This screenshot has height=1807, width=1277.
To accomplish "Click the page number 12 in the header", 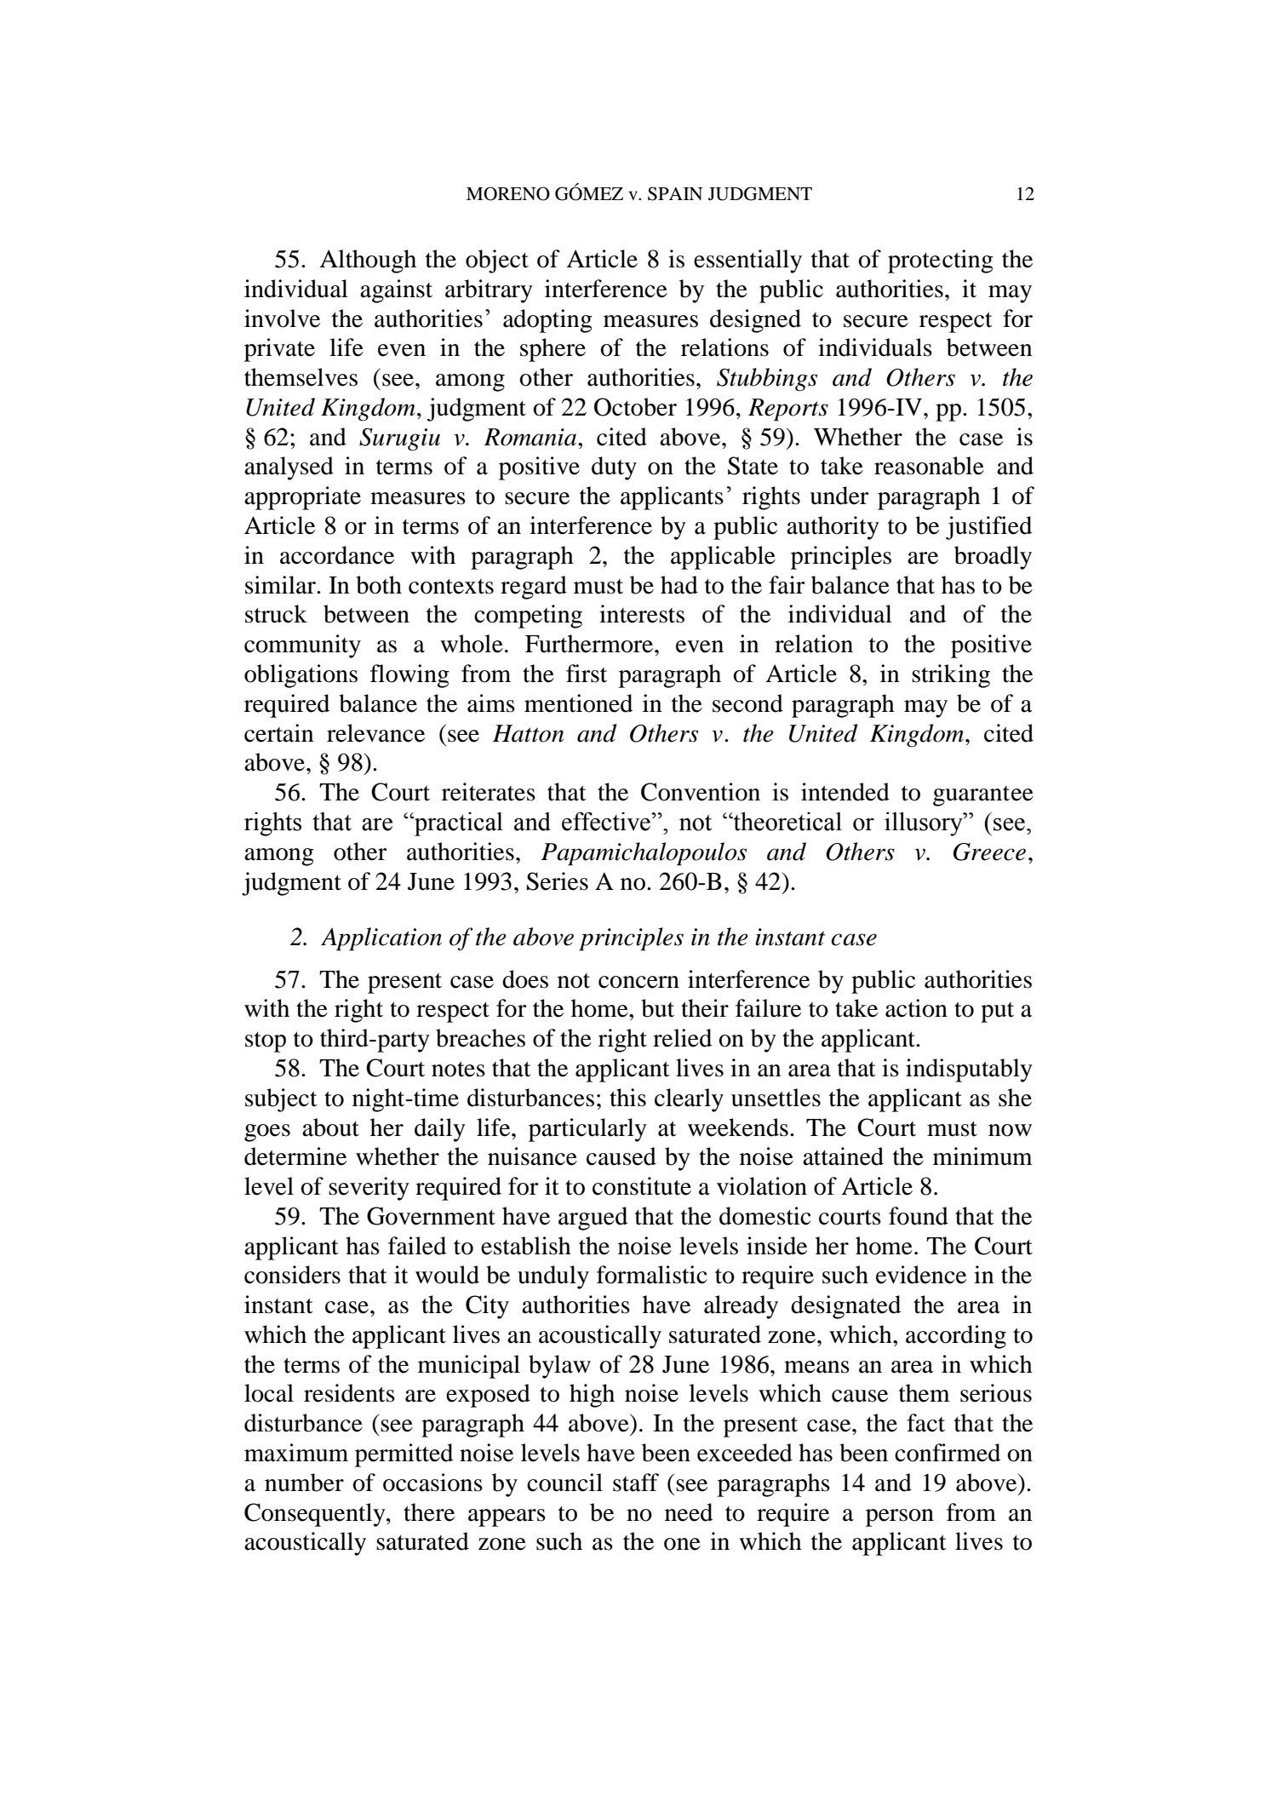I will coord(1024,195).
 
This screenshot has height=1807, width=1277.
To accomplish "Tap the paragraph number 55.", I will coord(289,261).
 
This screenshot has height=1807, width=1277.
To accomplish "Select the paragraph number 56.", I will coord(289,793).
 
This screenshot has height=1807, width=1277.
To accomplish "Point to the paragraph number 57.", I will coord(289,980).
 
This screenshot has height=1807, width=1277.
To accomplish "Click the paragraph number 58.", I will coord(289,1069).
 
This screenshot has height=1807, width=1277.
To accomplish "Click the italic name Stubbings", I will coord(769,378).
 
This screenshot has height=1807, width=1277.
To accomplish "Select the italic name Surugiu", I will coord(392,438).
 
